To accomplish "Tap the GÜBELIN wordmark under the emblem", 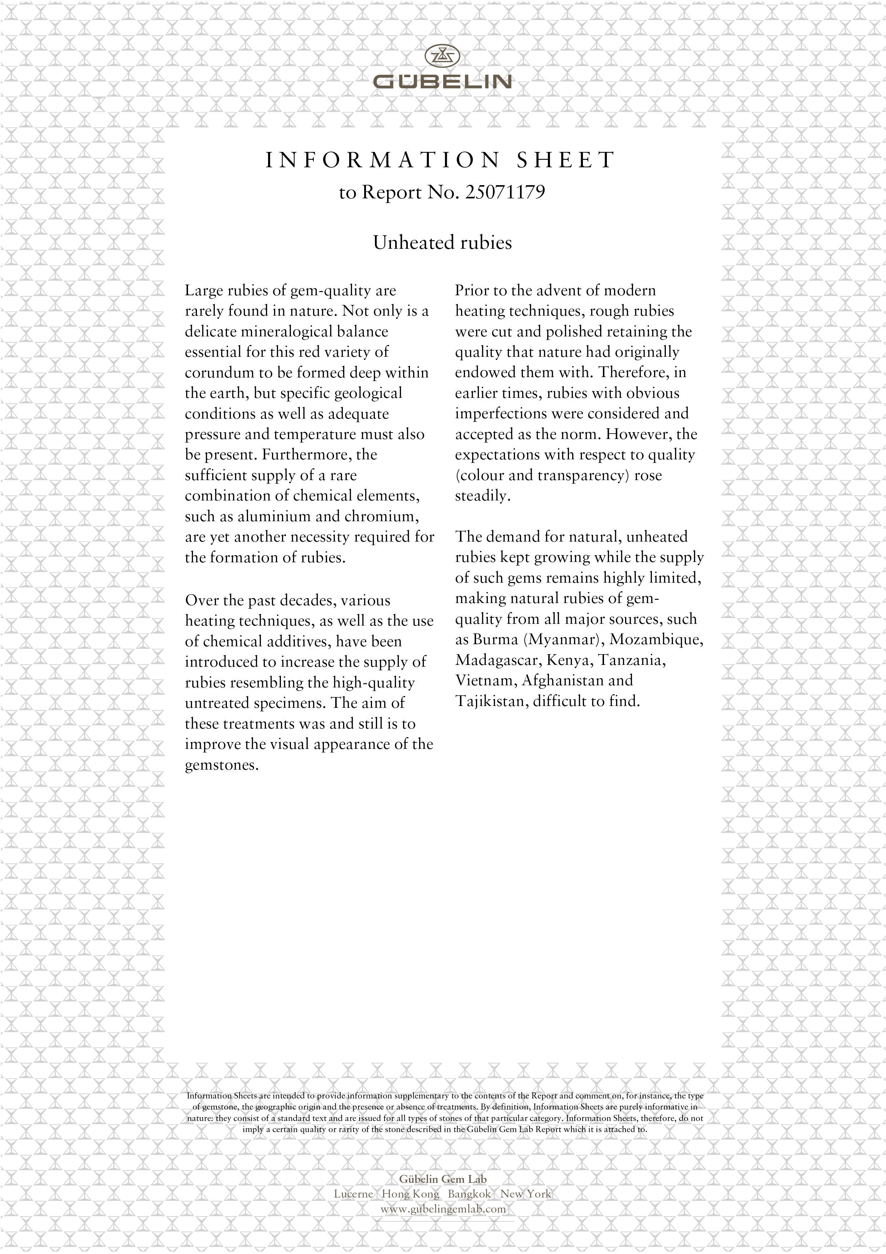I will point(442,82).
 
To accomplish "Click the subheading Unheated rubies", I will point(442,242).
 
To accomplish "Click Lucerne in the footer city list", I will point(353,1194).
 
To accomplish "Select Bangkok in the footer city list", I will point(469,1194).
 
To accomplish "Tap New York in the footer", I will point(526,1194).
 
